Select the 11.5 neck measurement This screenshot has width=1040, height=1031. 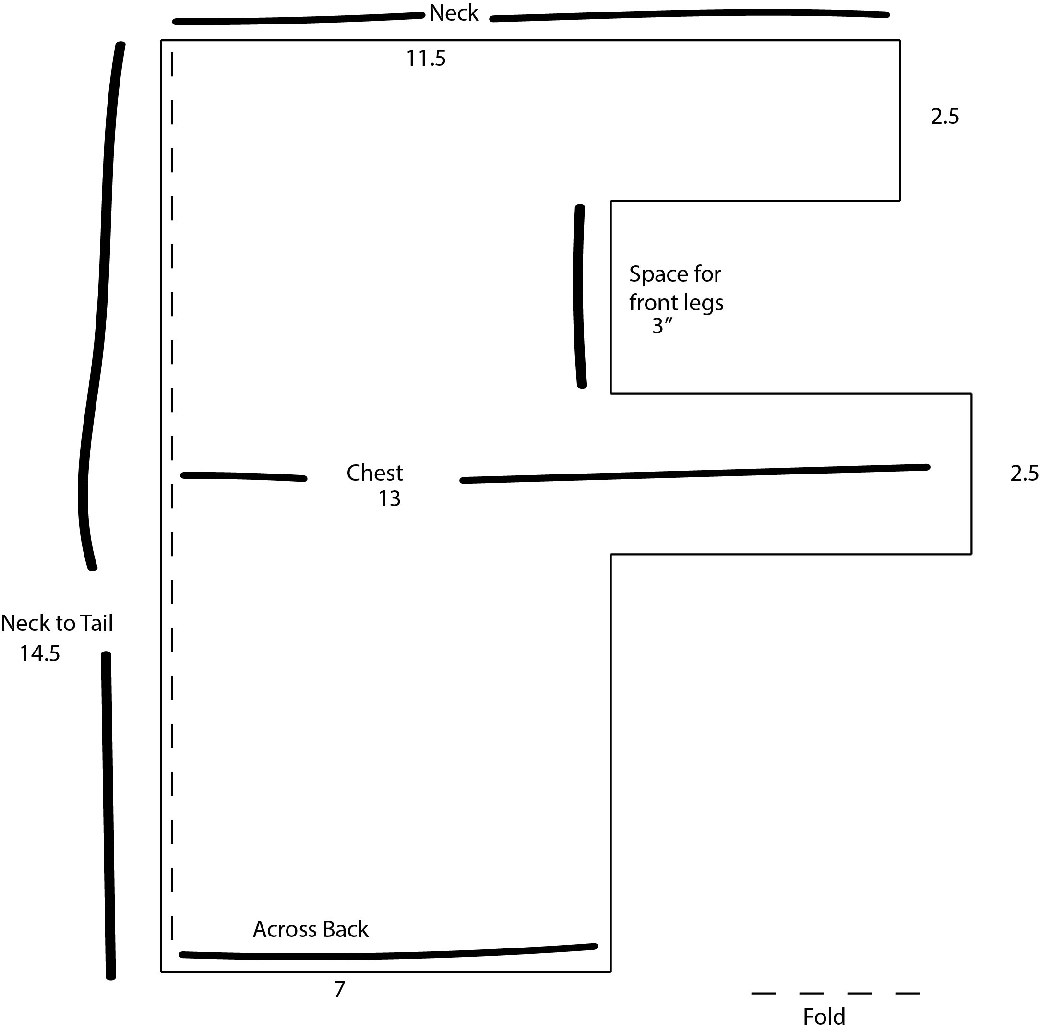tap(426, 58)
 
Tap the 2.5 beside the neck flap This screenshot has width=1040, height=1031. tap(944, 116)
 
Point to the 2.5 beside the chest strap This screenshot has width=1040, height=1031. tap(1024, 473)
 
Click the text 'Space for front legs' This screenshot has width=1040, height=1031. tap(676, 288)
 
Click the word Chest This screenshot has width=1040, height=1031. tap(375, 473)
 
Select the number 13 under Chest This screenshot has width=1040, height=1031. tap(389, 499)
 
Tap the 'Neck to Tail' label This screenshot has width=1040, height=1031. tap(57, 623)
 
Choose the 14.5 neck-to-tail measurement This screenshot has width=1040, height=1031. tap(40, 653)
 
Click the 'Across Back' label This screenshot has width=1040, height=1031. tap(311, 929)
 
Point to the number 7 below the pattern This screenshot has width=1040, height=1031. tap(339, 989)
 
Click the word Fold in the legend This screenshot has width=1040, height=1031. tap(824, 1017)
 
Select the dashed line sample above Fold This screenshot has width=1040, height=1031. tap(835, 993)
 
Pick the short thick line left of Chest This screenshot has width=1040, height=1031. tap(243, 477)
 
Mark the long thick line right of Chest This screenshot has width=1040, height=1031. tap(694, 474)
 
